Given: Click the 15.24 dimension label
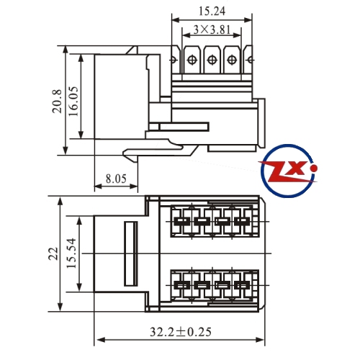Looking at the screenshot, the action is point(212,12).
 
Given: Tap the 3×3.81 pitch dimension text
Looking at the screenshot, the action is point(212,30).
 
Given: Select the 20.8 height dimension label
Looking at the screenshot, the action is point(57,101).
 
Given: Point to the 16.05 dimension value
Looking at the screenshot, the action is point(73,101).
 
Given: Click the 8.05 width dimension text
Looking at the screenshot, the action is point(116,179).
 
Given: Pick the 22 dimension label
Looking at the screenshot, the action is point(53,253).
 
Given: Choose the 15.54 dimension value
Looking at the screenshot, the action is point(71,253).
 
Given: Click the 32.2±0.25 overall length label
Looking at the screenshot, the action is point(181,332).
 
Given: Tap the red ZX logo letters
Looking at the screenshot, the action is point(287,171).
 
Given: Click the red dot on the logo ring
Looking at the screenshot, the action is point(313,168).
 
